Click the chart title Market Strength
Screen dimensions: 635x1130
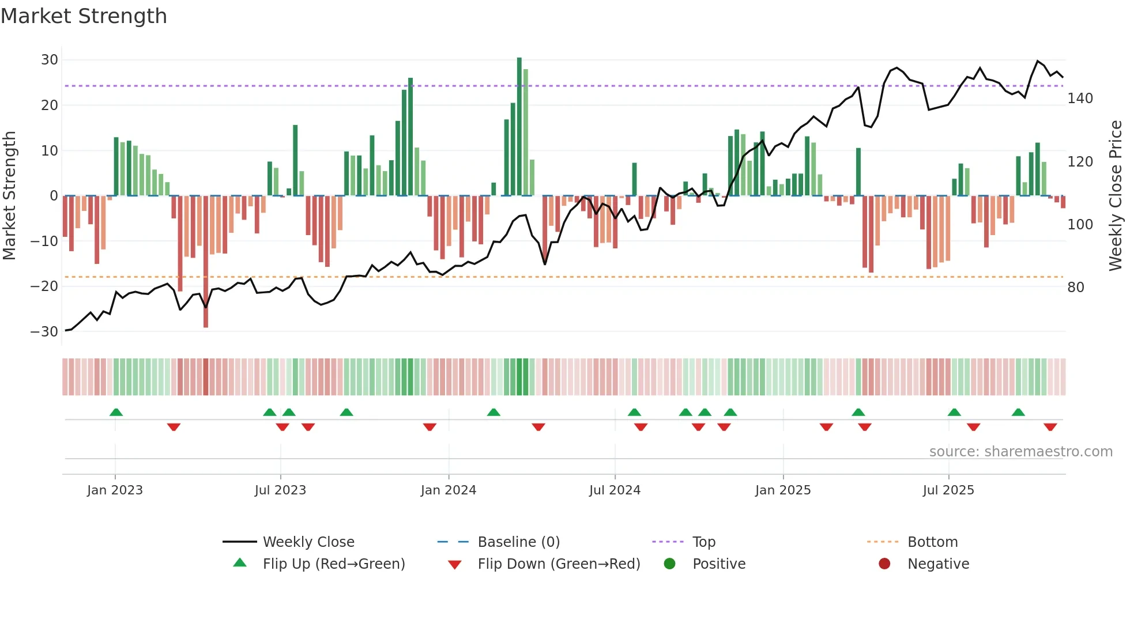click(x=84, y=16)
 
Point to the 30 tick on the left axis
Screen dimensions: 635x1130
click(x=50, y=60)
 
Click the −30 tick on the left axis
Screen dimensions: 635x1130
click(x=44, y=332)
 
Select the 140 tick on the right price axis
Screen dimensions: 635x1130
click(x=1080, y=99)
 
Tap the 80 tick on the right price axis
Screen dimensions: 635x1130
click(x=1076, y=287)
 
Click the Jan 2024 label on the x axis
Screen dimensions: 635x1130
click(x=449, y=490)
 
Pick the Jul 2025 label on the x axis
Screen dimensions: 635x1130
click(x=948, y=490)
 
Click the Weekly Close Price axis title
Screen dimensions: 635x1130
click(x=1116, y=196)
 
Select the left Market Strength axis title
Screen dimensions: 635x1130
click(x=9, y=196)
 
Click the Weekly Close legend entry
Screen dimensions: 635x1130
click(x=308, y=542)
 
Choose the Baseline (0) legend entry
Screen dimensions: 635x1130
click(x=518, y=542)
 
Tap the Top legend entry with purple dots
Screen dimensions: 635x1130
click(x=703, y=542)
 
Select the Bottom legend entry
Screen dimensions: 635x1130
click(x=932, y=542)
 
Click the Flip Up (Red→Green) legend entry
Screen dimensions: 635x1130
click(x=334, y=564)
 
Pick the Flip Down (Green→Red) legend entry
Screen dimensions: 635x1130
click(x=559, y=564)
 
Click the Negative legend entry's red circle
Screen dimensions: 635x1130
click(x=884, y=564)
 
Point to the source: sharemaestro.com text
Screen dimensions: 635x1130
click(x=1020, y=452)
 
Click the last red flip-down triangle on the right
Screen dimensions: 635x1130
click(x=1050, y=427)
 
